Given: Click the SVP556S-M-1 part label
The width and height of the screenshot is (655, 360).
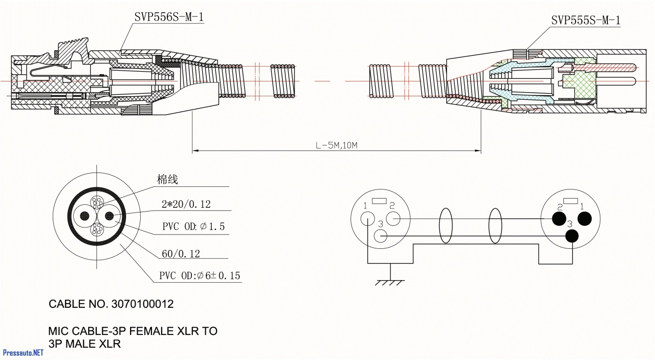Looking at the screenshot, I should click(169, 17).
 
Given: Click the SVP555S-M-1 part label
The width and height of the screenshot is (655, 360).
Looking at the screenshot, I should click(585, 20).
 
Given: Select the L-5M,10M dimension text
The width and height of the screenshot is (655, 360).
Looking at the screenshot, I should click(336, 145).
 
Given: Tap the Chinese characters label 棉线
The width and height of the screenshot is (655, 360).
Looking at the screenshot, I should click(167, 180).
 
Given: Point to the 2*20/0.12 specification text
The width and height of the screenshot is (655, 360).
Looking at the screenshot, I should click(186, 204).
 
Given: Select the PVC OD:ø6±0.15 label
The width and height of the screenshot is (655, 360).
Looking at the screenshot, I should click(199, 276).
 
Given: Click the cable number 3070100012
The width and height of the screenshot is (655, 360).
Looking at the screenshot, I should click(142, 304).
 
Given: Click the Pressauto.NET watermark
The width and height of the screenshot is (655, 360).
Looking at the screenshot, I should click(23, 352).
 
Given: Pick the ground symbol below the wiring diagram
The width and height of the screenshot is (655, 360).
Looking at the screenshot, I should click(390, 281).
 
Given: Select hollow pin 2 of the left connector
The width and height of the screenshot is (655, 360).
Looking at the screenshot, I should click(393, 219).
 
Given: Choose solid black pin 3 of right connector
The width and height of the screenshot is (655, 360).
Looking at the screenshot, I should click(572, 236).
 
